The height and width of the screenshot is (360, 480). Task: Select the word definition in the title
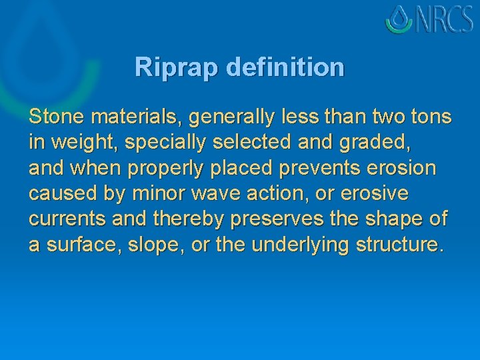click(x=285, y=67)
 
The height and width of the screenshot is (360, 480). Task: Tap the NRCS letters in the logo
click(x=445, y=20)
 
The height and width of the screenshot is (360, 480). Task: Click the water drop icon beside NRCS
click(x=401, y=19)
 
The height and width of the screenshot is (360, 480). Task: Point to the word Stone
click(x=57, y=117)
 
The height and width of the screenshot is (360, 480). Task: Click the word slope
click(x=161, y=245)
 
